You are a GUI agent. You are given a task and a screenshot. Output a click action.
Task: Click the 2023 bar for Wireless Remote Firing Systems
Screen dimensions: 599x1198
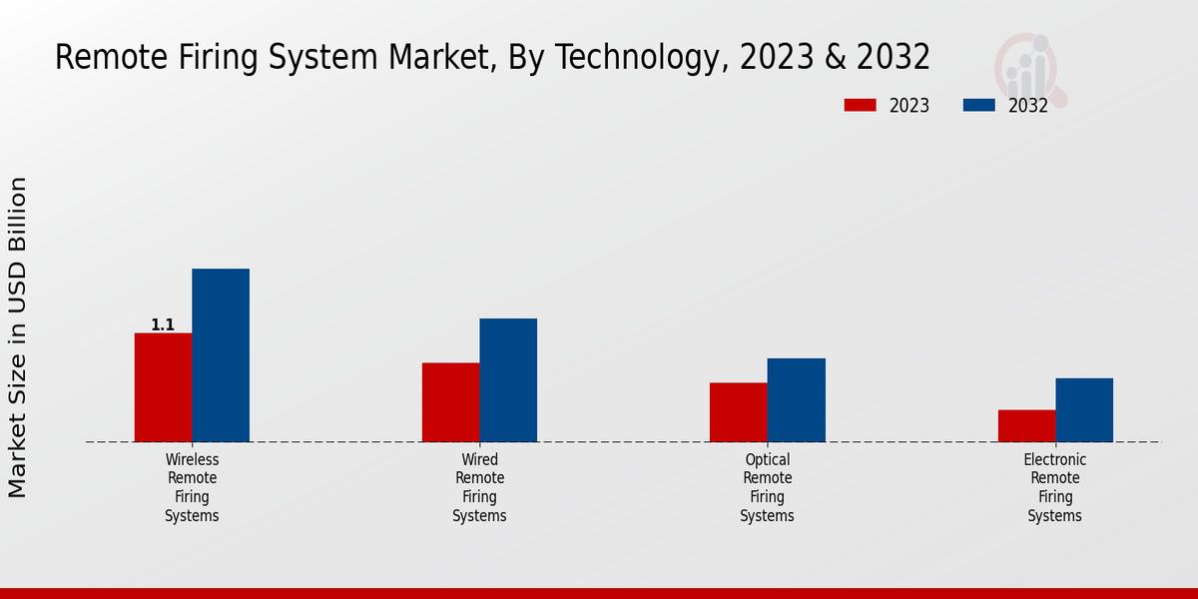[163, 387]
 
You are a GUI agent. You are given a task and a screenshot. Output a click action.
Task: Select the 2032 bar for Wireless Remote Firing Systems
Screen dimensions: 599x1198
[221, 355]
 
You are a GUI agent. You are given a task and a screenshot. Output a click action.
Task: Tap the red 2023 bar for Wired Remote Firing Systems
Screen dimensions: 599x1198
[450, 402]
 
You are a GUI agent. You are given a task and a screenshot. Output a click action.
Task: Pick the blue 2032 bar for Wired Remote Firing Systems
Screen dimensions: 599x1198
[508, 380]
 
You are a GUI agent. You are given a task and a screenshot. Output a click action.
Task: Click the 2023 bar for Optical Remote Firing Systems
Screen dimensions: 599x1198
[739, 412]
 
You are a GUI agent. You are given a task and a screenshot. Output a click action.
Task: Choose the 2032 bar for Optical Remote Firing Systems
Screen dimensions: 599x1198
[797, 400]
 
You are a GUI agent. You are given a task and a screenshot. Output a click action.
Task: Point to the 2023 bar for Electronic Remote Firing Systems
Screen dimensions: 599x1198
[1026, 426]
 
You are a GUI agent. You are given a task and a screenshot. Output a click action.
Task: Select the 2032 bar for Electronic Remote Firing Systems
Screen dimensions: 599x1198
[1084, 410]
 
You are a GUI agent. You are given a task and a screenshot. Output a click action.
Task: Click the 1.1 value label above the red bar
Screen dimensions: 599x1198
[163, 325]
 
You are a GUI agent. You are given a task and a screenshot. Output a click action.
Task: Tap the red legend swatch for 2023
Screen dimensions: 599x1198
[860, 105]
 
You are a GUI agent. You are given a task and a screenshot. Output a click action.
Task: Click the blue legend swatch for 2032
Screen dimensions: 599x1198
[978, 105]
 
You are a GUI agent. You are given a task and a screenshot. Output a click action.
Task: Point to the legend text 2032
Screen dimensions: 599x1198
[1028, 106]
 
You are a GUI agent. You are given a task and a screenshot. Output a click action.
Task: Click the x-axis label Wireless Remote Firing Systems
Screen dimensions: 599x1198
[192, 488]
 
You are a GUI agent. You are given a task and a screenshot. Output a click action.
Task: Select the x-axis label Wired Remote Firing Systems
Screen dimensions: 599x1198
[479, 488]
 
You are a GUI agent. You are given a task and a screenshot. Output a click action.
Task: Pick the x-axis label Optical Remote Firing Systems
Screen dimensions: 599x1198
[767, 488]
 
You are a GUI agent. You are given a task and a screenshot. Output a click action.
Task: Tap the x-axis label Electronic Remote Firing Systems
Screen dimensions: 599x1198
[1055, 488]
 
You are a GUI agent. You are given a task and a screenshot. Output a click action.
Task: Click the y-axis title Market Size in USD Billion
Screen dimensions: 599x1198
[18, 337]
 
